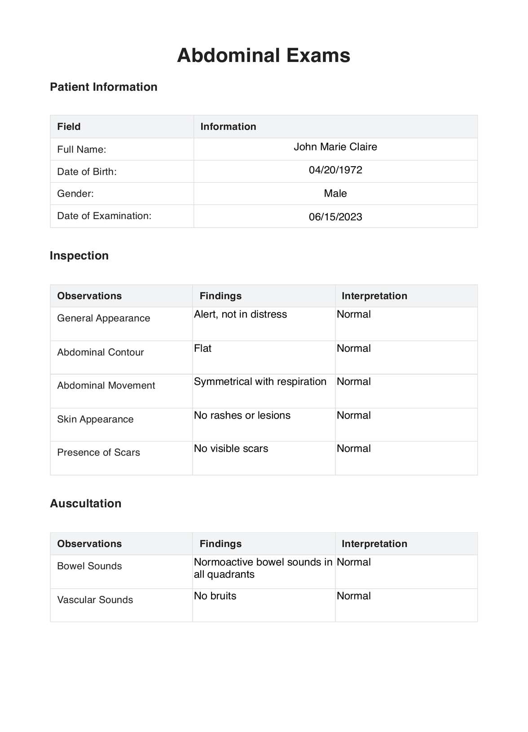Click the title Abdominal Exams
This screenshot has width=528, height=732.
coord(264,56)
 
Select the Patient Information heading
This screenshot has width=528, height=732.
coord(103,87)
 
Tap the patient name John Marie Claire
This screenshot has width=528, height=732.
coord(335,147)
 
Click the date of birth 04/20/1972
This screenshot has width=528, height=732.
coord(335,170)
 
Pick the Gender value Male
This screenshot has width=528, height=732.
coord(335,194)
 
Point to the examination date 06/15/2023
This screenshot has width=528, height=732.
coord(335,217)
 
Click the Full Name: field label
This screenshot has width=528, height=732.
coord(81,150)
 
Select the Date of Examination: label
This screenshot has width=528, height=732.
coord(104,216)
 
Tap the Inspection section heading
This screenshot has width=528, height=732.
coord(79,256)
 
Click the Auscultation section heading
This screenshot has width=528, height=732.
coord(85,503)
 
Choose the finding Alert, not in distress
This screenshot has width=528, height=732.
coord(240,314)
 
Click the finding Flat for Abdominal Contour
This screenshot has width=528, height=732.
coord(202,348)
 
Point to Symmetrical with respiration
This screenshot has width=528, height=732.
coord(260,382)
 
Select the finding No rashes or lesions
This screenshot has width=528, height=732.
coord(242,415)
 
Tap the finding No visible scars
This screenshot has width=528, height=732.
coord(231,449)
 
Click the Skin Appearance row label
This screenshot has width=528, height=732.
coord(95,419)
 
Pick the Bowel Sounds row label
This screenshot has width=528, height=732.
coord(89,566)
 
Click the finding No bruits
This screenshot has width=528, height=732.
coord(215,596)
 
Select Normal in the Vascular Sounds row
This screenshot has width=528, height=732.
coord(354,596)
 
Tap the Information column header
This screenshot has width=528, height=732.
coord(228,127)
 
